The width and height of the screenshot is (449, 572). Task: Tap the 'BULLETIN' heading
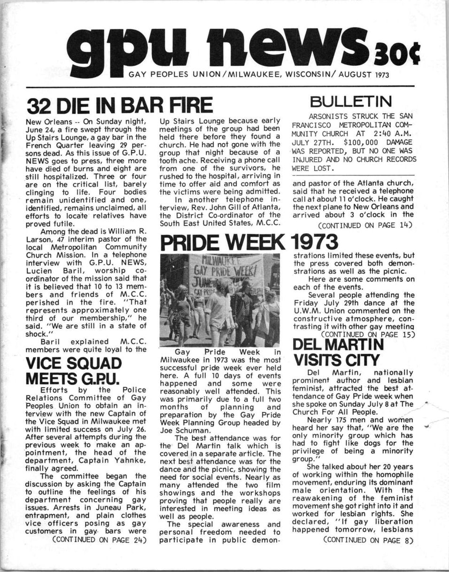pos(357,100)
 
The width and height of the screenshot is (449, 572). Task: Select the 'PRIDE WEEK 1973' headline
pos(249,242)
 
